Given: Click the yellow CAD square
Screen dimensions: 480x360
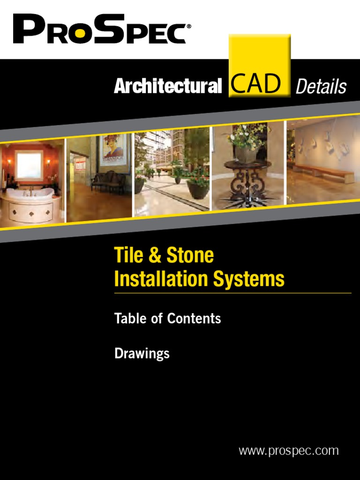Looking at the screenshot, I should [x=259, y=66].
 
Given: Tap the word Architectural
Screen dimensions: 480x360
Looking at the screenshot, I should [x=168, y=86].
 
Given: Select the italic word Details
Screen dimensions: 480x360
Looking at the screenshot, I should [x=321, y=87].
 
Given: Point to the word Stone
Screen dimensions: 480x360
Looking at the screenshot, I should [x=190, y=255].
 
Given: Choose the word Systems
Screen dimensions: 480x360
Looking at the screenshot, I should [x=249, y=279].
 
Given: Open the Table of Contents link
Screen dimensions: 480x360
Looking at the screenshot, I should [x=167, y=319].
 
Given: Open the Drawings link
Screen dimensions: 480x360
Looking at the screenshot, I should [x=142, y=353].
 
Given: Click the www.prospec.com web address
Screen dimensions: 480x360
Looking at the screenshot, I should [x=288, y=451].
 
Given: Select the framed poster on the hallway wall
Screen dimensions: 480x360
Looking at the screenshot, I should [x=113, y=152].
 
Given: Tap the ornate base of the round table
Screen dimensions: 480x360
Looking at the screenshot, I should [x=248, y=185].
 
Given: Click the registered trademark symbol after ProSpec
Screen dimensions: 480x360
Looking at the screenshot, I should [x=189, y=27].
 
